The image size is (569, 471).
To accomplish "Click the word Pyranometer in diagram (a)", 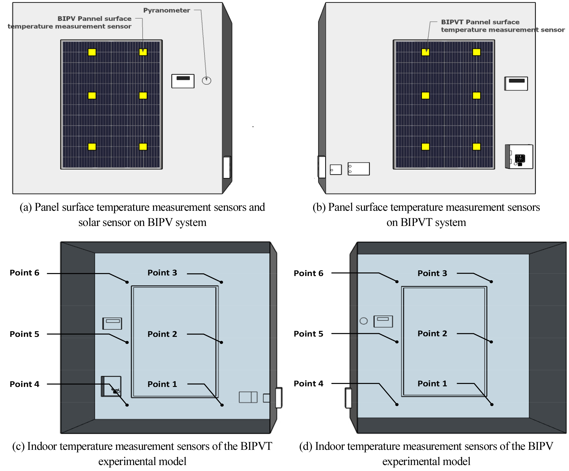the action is [x=166, y=10].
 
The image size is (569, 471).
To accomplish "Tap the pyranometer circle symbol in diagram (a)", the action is [x=206, y=80].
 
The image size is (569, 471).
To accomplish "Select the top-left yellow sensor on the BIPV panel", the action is [x=92, y=52].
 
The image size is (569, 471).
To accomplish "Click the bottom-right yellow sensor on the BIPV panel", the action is [x=143, y=147].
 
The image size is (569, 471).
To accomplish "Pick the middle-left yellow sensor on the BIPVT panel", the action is [x=425, y=95].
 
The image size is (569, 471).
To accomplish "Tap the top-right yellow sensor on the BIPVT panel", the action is [x=476, y=52].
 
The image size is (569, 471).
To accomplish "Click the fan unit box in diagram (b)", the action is [x=519, y=157].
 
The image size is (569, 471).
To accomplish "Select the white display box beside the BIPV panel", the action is [x=183, y=81].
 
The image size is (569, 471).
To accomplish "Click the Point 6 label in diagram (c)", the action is [x=24, y=273].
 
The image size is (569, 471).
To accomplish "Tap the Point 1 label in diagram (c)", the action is [x=162, y=384].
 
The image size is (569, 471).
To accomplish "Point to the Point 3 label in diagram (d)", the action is [x=432, y=273].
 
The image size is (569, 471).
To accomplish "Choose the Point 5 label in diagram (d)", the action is [x=308, y=334].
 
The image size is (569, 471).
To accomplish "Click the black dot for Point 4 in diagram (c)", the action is [x=127, y=405].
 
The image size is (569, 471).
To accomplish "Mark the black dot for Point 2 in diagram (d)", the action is [x=491, y=342].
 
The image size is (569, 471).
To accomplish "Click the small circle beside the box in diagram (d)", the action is [x=364, y=321].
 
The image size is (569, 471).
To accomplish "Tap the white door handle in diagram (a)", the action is [x=227, y=167].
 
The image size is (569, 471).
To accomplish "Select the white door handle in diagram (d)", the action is [x=348, y=398].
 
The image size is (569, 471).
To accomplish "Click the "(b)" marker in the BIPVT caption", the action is [x=319, y=207].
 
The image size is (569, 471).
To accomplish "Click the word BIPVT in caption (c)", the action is [x=256, y=446].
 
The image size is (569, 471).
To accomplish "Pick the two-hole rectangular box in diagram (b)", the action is [x=358, y=169].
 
